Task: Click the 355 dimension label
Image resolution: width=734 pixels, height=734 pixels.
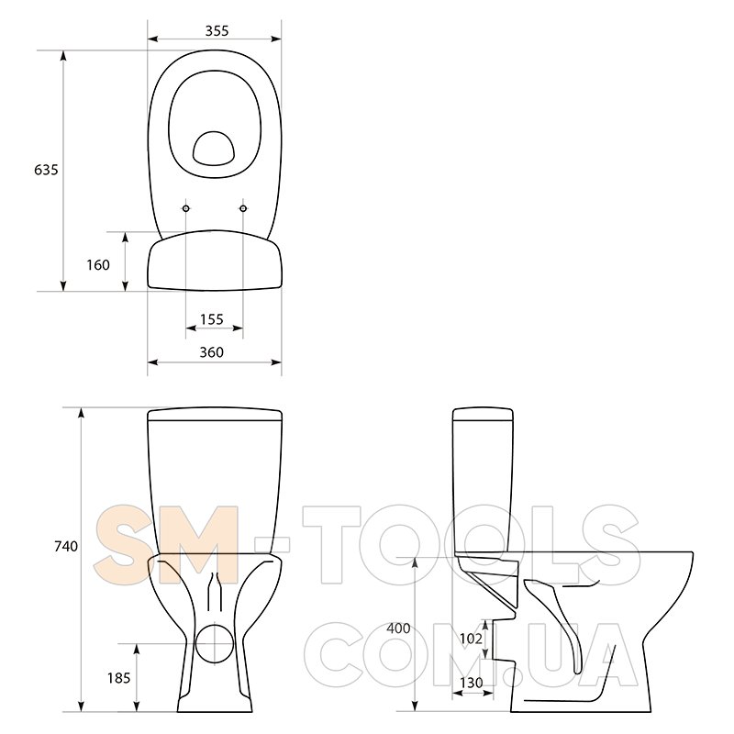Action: pyautogui.click(x=217, y=31)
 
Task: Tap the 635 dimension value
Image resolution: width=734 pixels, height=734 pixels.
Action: pyautogui.click(x=47, y=170)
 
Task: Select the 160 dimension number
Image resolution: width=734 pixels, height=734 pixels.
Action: pyautogui.click(x=98, y=265)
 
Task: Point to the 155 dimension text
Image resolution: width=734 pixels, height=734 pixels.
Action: pyautogui.click(x=212, y=319)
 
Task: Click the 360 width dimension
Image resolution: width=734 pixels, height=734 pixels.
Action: pyautogui.click(x=212, y=352)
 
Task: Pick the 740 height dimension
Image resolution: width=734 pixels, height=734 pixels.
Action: pyautogui.click(x=66, y=546)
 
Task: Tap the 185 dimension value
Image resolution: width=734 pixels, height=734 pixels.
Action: pyautogui.click(x=119, y=678)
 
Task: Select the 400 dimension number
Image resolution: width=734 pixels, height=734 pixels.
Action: pyautogui.click(x=398, y=628)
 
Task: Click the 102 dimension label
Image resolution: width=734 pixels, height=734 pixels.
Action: pyautogui.click(x=471, y=639)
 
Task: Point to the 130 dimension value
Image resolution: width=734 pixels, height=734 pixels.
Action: pyautogui.click(x=471, y=683)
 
